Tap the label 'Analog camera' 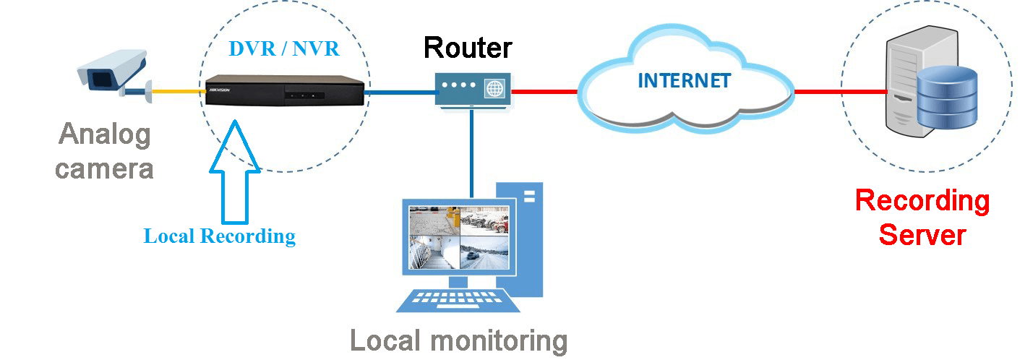tap(105, 151)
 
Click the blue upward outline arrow tap(233, 173)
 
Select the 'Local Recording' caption tap(220, 236)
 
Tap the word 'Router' tap(468, 47)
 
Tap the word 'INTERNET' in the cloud tap(684, 80)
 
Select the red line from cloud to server tap(839, 92)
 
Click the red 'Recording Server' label tap(922, 217)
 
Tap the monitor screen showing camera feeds tap(458, 238)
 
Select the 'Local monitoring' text tap(459, 340)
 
